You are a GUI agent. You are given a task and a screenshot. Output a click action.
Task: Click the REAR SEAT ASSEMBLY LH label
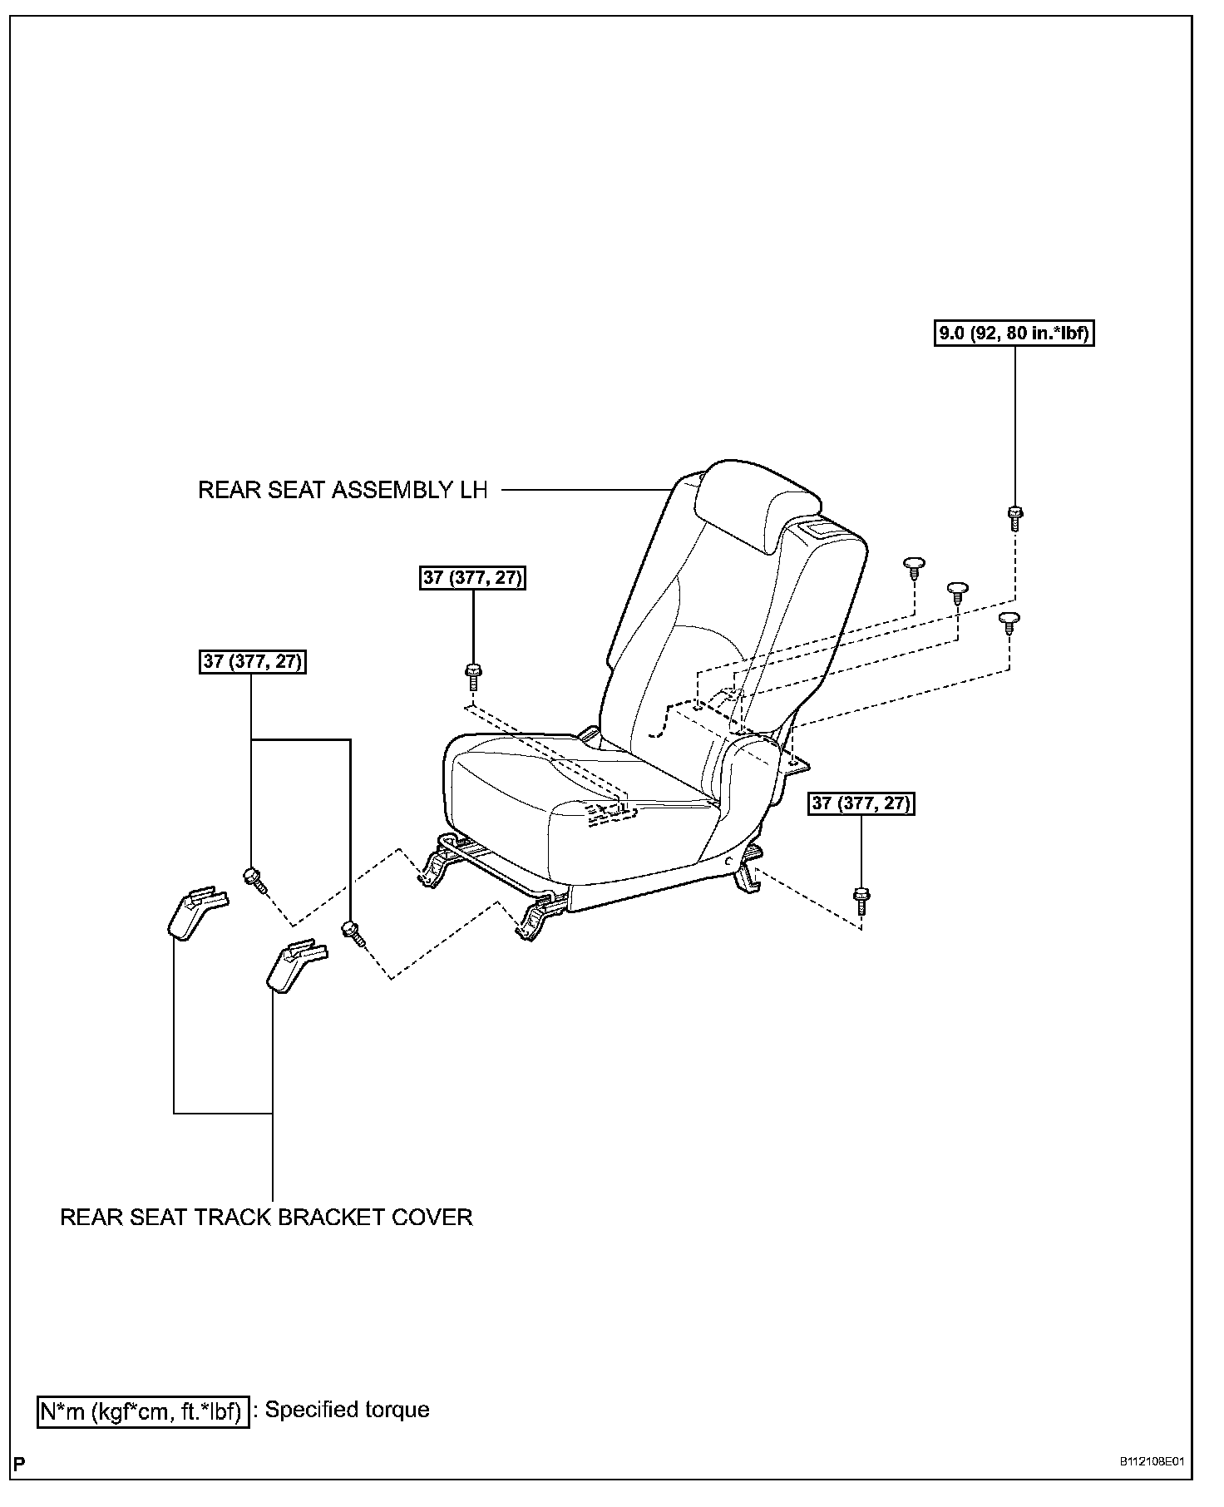click(343, 490)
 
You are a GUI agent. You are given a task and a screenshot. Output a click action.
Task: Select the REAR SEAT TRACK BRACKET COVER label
click(266, 1218)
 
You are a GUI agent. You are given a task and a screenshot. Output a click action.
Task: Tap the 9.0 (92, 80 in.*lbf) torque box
click(1014, 334)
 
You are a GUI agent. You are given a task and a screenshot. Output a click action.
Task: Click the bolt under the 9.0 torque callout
click(1014, 516)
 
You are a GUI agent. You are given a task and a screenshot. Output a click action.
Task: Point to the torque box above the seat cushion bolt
click(473, 577)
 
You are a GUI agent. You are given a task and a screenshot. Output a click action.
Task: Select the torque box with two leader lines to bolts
click(253, 662)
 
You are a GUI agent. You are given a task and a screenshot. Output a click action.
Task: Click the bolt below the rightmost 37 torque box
click(861, 900)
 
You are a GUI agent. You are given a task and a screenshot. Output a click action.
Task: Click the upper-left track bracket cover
click(193, 912)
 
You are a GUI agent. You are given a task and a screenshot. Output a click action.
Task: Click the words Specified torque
click(347, 1411)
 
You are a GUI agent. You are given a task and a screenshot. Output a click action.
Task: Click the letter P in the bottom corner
click(19, 1464)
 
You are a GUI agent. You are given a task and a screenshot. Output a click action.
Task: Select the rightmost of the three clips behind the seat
click(1009, 620)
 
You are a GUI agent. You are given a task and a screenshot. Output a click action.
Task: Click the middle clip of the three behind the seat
click(958, 591)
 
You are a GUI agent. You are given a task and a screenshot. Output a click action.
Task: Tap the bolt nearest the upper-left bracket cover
click(253, 877)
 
